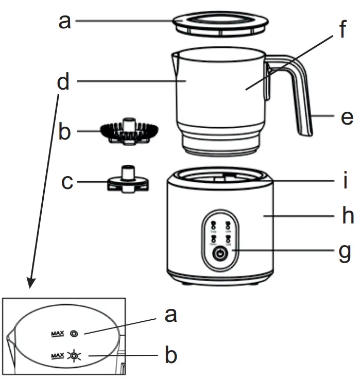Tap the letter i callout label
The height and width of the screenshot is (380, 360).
(x=346, y=181)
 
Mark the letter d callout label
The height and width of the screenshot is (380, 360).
(x=63, y=82)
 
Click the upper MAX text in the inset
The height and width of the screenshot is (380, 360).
(x=57, y=334)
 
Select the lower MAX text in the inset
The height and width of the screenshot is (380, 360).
(x=57, y=356)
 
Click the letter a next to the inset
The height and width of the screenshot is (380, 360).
(x=169, y=315)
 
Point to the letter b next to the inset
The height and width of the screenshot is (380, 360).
(x=169, y=355)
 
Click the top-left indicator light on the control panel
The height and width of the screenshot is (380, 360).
(x=213, y=224)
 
